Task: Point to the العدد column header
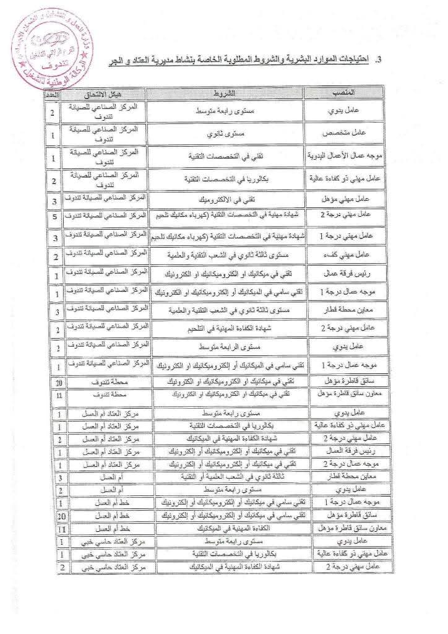(54, 93)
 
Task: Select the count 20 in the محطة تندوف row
(54, 383)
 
